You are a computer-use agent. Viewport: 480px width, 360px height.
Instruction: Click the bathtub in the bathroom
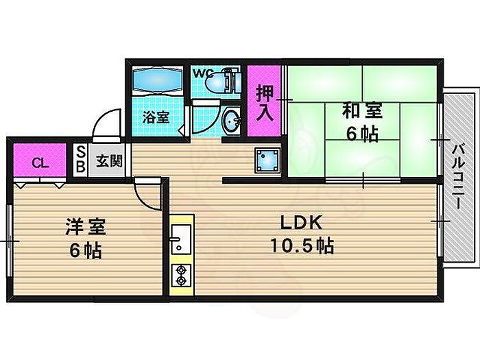[158, 80]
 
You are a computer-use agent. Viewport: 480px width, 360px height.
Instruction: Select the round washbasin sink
[232, 120]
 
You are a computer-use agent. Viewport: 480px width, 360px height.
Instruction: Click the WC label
[203, 73]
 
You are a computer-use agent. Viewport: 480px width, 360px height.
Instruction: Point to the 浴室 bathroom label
[156, 117]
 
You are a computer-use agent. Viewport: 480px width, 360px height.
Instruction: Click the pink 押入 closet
[264, 101]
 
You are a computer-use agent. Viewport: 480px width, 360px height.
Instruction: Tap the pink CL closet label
[40, 163]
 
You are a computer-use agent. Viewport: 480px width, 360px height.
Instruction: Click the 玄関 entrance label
[109, 160]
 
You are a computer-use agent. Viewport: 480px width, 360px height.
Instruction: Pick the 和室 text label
[363, 110]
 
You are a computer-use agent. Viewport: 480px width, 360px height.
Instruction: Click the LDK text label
[302, 223]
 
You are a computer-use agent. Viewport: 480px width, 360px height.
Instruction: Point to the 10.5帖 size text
[302, 245]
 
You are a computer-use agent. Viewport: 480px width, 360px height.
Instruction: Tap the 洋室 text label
[86, 227]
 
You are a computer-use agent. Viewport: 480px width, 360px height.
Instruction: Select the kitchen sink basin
[181, 239]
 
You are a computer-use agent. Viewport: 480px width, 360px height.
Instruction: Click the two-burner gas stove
[181, 275]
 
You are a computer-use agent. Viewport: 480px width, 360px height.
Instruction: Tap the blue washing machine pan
[267, 160]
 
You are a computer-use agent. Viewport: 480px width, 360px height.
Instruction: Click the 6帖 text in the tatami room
[362, 134]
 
